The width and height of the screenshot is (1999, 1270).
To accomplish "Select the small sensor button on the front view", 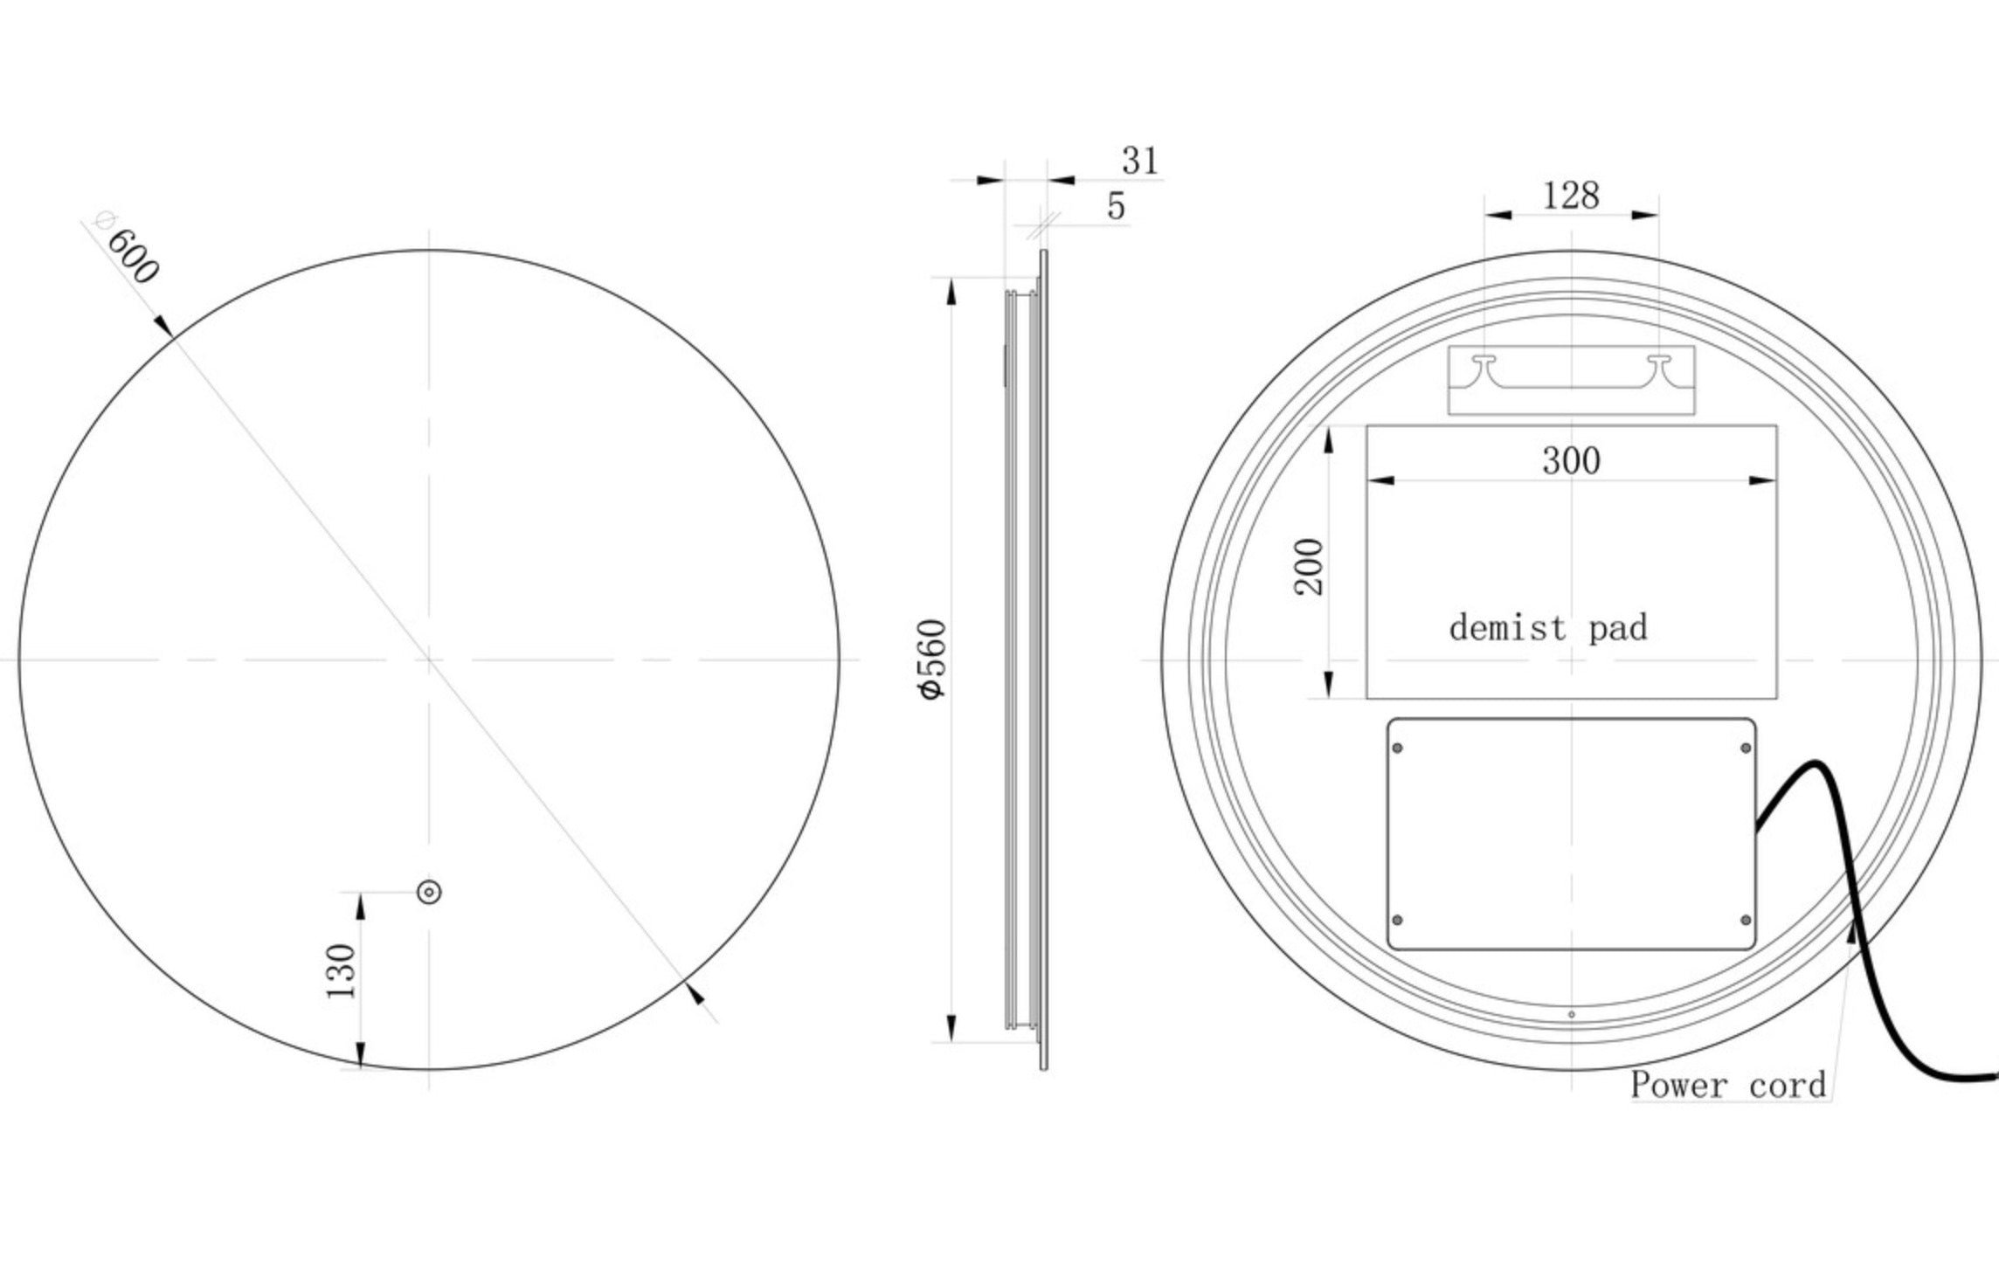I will (x=429, y=892).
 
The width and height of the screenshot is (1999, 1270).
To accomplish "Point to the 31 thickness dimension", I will (x=1140, y=161).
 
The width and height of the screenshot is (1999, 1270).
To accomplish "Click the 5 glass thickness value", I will (x=1116, y=206).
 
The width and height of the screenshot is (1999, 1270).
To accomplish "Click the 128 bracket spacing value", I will (x=1570, y=196).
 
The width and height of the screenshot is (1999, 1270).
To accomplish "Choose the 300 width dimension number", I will (x=1571, y=460).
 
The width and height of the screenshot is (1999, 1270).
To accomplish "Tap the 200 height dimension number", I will (x=1309, y=567).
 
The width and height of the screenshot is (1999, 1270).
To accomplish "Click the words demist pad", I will (x=1547, y=628).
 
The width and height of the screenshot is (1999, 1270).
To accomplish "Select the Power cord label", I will (x=1727, y=1085).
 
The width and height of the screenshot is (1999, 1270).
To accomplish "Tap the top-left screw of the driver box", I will (x=1397, y=748).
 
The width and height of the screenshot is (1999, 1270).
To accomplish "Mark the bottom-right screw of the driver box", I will (x=1746, y=920).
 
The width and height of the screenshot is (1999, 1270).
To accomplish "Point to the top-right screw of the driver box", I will (x=1746, y=748).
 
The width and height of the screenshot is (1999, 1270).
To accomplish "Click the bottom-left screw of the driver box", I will (x=1397, y=920).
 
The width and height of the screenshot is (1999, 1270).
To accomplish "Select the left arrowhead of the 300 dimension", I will (x=1380, y=480).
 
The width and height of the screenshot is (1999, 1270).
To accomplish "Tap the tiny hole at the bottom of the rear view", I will (x=1572, y=1014).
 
